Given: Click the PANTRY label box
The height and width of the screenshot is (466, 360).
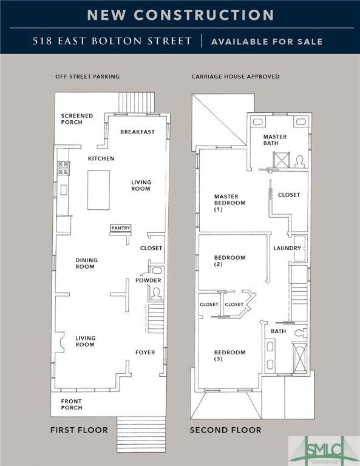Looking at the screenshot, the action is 121,228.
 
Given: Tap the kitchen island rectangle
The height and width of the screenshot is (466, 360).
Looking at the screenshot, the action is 98,190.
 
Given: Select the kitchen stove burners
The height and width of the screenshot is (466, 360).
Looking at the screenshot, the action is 64,168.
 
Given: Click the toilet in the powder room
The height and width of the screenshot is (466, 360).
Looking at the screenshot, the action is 156,294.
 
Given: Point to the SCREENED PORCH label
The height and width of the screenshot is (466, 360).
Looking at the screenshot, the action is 77,119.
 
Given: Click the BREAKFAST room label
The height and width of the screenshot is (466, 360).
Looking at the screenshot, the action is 137,132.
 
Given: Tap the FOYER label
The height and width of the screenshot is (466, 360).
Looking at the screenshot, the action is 145,353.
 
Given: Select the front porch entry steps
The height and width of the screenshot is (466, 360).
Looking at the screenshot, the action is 141,434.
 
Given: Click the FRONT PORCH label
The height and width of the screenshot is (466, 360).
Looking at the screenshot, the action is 72,405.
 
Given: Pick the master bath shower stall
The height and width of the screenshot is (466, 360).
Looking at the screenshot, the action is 281,160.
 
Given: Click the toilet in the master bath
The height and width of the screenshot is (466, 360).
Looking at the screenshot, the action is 300,161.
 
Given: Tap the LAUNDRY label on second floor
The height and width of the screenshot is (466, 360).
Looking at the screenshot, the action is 287,248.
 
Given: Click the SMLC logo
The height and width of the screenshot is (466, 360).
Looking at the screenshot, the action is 324,451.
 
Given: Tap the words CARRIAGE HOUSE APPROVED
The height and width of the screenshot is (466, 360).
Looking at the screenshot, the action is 236,76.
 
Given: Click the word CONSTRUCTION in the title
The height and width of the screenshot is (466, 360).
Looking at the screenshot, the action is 203,15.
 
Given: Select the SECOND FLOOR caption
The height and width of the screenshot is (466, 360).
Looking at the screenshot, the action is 226,430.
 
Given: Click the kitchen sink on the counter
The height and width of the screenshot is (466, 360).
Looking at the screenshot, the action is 64,189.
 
